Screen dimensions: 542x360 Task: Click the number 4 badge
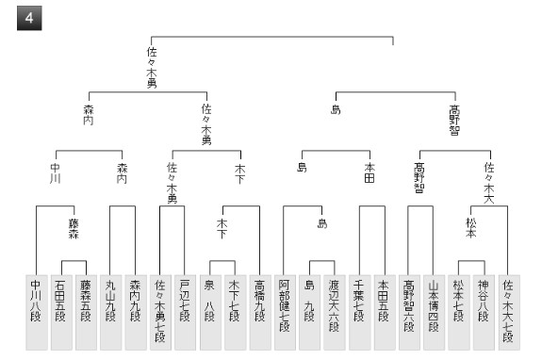(29, 18)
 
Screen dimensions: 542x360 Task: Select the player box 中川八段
(37, 312)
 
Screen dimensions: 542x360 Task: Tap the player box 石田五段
(61, 312)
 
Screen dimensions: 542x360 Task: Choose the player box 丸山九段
(111, 312)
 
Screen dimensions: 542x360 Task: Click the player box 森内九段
(136, 312)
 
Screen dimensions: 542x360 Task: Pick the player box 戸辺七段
(186, 312)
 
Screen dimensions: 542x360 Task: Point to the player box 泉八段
(210, 312)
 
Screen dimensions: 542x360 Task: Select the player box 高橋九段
(260, 312)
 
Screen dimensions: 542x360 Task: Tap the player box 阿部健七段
(285, 312)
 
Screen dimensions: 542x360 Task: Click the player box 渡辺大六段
(335, 312)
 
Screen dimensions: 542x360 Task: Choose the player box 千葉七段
(359, 312)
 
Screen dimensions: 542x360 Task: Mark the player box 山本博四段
(434, 312)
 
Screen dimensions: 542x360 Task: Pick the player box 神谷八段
(484, 312)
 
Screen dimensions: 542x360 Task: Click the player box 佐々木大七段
(509, 312)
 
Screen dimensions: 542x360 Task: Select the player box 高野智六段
(409, 312)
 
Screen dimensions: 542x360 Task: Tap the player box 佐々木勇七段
(160, 312)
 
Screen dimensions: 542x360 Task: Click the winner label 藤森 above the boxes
(74, 229)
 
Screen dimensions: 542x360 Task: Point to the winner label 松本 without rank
(471, 228)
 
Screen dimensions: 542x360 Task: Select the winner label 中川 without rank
(56, 173)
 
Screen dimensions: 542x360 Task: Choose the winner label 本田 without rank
(370, 172)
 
